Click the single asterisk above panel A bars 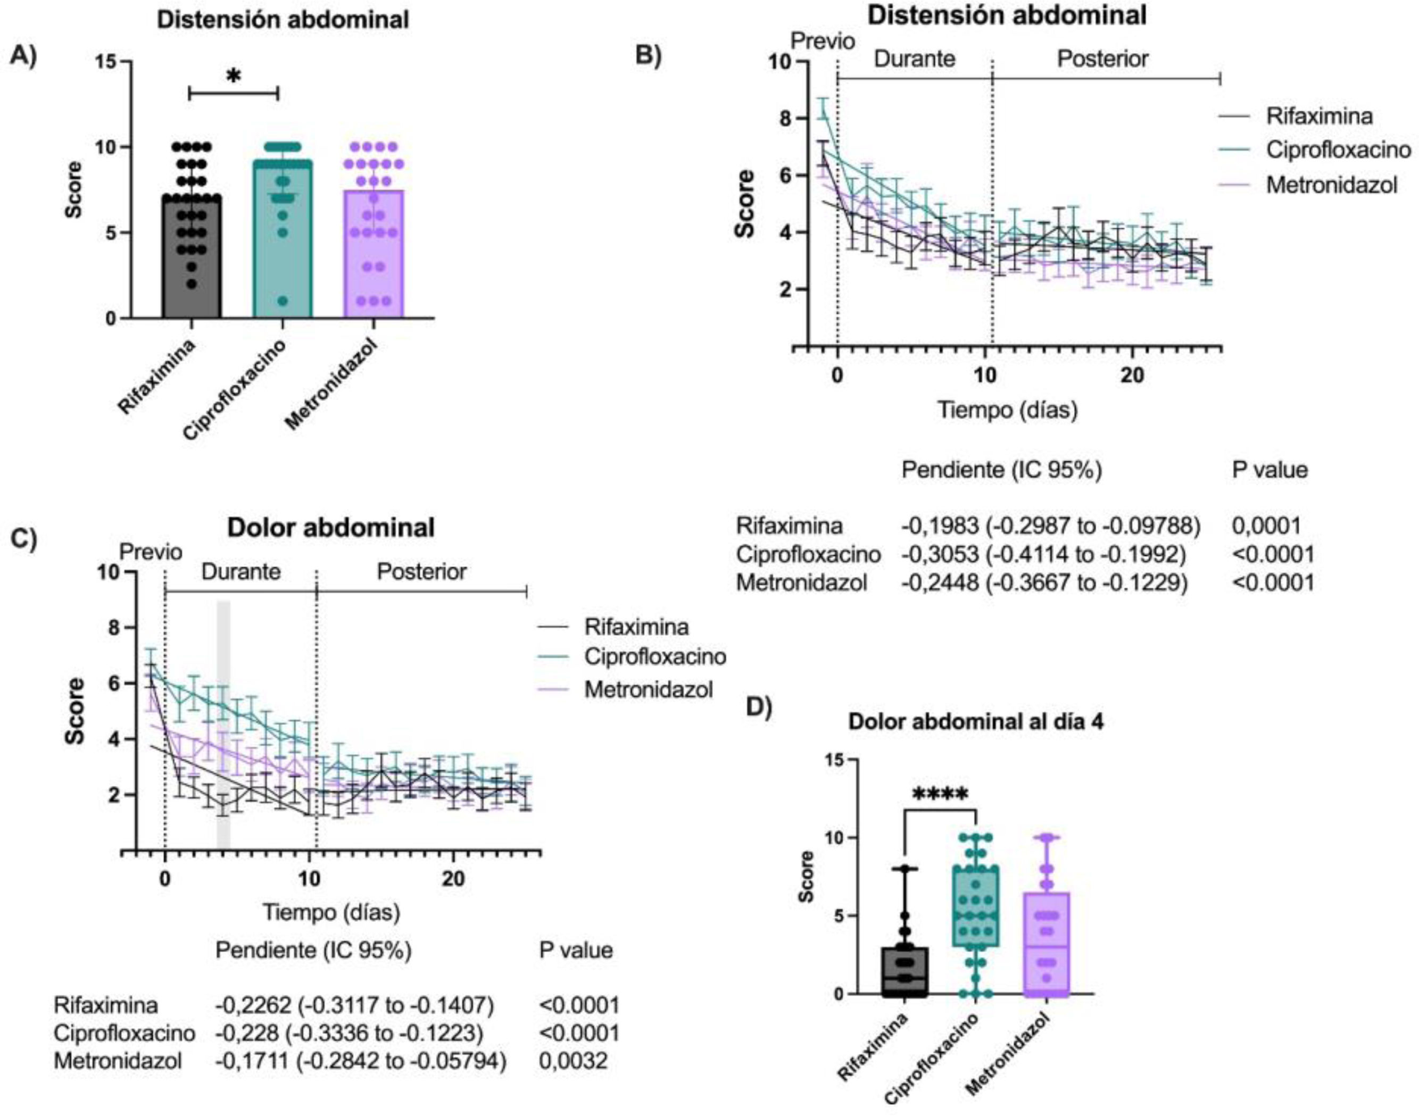coord(234,77)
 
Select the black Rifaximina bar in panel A coord(191,261)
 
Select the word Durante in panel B coord(915,59)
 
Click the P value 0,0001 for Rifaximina coord(1266,526)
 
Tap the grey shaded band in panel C coord(223,725)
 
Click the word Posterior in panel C coord(421,572)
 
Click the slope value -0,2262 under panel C coord(248,1004)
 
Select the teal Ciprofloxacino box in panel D coord(975,908)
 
